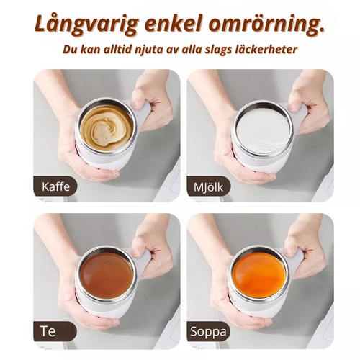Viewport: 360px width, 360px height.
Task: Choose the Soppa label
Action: (x=210, y=332)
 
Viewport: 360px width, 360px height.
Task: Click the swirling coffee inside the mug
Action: (x=106, y=128)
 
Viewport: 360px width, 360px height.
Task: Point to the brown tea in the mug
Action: (x=106, y=273)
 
